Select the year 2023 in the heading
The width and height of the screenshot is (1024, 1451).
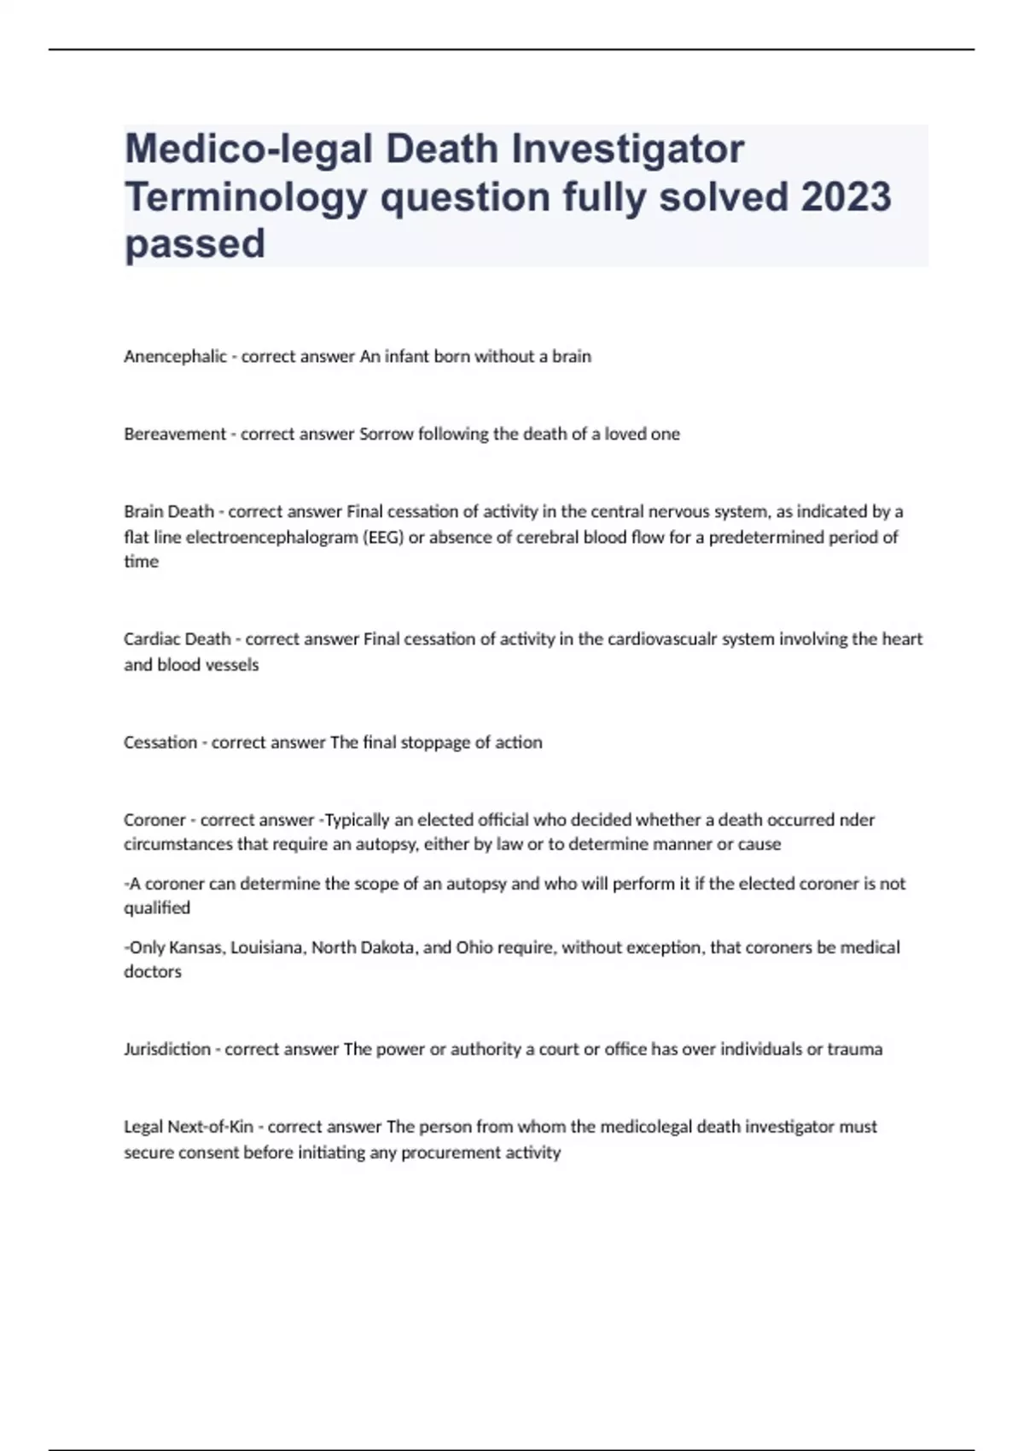point(845,197)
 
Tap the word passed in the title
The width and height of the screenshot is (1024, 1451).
point(195,244)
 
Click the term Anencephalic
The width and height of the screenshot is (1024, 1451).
point(175,357)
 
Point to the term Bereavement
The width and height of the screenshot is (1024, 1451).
point(175,434)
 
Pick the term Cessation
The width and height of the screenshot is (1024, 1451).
point(160,743)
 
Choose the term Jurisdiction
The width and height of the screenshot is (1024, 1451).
point(167,1049)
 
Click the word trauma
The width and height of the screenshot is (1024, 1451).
point(855,1049)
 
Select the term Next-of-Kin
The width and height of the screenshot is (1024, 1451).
point(211,1127)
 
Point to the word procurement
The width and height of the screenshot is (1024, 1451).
point(441,1153)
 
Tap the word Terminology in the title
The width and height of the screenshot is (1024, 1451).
point(246,197)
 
